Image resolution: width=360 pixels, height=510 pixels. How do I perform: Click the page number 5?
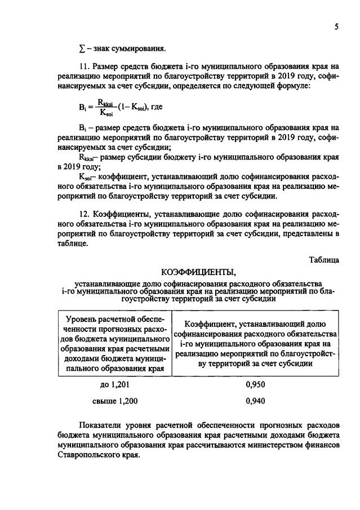pyautogui.click(x=335, y=26)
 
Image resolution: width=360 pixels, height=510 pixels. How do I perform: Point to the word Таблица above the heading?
pyautogui.click(x=324, y=260)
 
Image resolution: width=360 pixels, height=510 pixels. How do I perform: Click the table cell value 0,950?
pyautogui.click(x=255, y=385)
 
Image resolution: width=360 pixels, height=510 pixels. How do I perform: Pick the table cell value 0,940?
pyautogui.click(x=255, y=401)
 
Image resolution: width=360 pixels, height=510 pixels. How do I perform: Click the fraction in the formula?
pyautogui.click(x=105, y=106)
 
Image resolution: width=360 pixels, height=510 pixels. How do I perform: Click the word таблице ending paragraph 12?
pyautogui.click(x=72, y=243)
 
